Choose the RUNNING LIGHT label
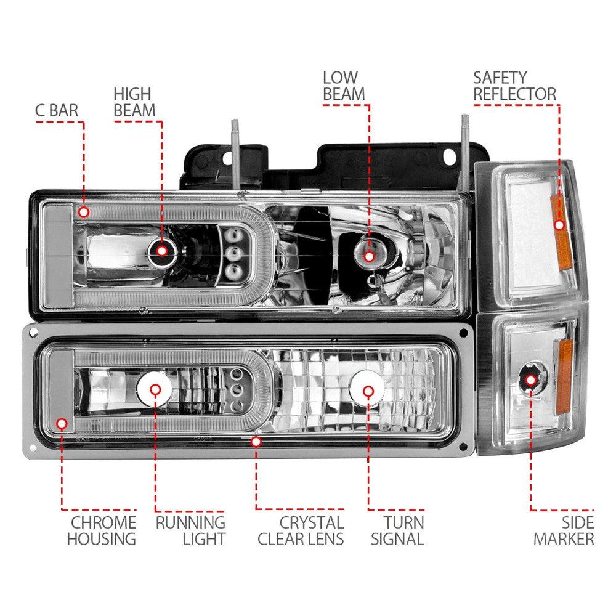190,530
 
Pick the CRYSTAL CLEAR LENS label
301,530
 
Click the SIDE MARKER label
564,530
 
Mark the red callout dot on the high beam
162,250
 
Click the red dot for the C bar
84,213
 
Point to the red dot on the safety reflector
559,225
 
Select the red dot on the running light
155,389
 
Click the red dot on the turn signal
368,391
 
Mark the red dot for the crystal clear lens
256,441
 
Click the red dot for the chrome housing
62,423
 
